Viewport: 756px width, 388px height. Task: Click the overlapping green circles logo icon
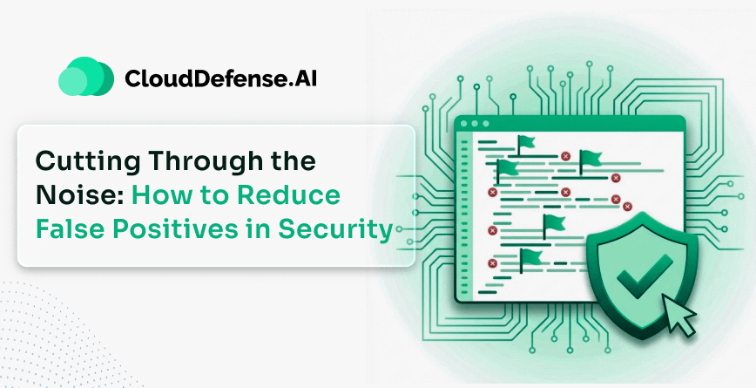point(85,78)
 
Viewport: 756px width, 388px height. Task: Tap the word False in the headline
point(71,229)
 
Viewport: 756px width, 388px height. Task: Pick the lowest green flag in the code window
point(530,255)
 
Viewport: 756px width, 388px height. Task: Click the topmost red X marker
point(565,156)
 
